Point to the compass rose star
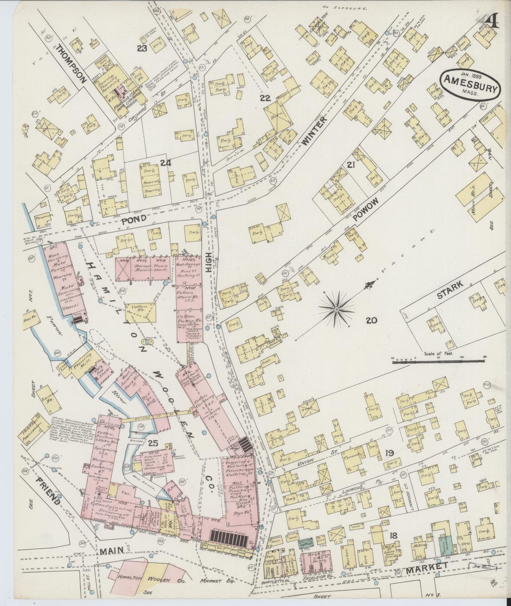(x=336, y=309)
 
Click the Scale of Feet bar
(x=439, y=361)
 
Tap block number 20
(x=371, y=321)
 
